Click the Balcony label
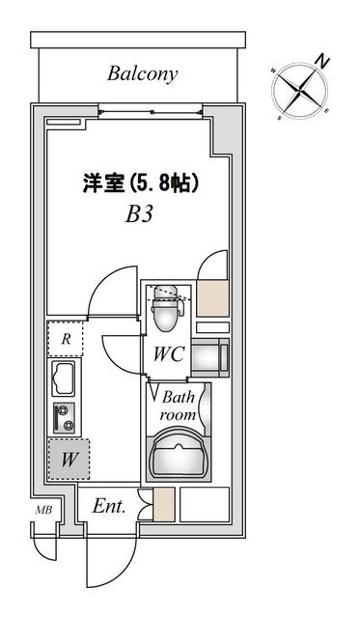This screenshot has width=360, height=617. coord(143,73)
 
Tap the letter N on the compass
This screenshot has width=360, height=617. coord(322,62)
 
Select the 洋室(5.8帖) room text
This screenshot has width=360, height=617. coord(140,183)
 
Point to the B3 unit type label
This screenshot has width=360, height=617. coord(138,214)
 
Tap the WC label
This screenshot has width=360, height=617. coord(169,353)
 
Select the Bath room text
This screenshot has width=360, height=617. coord(178,406)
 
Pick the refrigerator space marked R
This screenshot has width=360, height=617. coord(66,339)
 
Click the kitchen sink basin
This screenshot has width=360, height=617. coord(64,379)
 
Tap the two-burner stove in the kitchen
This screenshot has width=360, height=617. coord(64,418)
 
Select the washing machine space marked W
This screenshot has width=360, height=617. coord(69,460)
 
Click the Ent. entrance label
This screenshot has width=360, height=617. coord(109,506)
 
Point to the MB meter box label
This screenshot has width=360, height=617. coord(43,511)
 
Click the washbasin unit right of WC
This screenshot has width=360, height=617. coord(210,357)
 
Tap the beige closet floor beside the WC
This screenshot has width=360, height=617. coord(212,297)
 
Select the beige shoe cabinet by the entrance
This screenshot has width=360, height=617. coord(163,504)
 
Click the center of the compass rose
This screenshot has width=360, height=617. coord(300,92)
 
